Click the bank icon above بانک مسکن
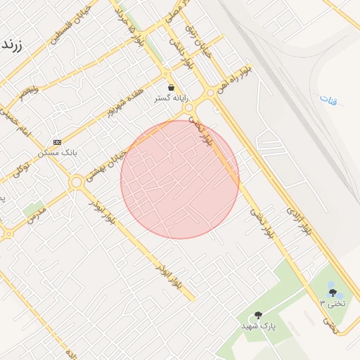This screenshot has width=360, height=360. pyautogui.click(x=57, y=141)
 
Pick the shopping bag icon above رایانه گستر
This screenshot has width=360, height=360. pyautogui.click(x=171, y=88)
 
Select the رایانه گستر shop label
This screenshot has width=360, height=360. pyautogui.click(x=171, y=99)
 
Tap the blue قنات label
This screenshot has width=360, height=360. pyautogui.click(x=328, y=99)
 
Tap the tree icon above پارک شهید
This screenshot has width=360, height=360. pyautogui.click(x=258, y=316)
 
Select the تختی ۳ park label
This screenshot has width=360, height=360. pyautogui.click(x=333, y=303)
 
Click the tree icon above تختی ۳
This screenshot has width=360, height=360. pyautogui.click(x=332, y=292)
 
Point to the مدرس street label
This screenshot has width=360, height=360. pyautogui.click(x=37, y=216)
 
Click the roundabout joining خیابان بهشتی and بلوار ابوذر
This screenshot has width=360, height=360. pyautogui.click(x=76, y=182)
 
